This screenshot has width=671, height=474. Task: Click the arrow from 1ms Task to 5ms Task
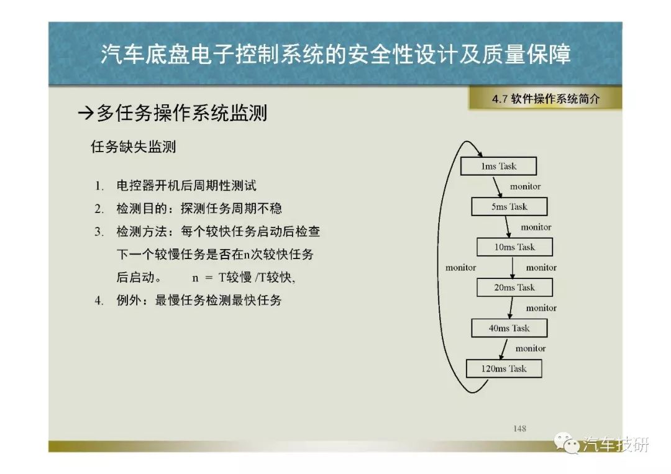tap(497, 186)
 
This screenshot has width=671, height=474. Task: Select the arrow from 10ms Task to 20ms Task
tap(513, 267)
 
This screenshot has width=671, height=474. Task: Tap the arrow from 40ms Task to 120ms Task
tap(503, 349)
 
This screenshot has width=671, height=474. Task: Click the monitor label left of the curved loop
tap(461, 267)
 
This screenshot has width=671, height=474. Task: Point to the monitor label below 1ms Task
tap(525, 186)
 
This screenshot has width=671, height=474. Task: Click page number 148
tap(519, 428)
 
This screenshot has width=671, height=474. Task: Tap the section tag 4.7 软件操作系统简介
tap(545, 99)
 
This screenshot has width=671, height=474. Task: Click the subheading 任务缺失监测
tap(133, 147)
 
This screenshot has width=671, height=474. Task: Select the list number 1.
tap(99, 186)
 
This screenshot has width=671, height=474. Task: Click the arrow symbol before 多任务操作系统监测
tap(86, 113)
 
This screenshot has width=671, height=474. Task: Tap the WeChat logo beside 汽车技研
tap(566, 443)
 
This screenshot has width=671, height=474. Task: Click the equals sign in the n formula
tap(209, 278)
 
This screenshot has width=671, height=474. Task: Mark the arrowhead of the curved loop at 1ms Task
tap(480, 154)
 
